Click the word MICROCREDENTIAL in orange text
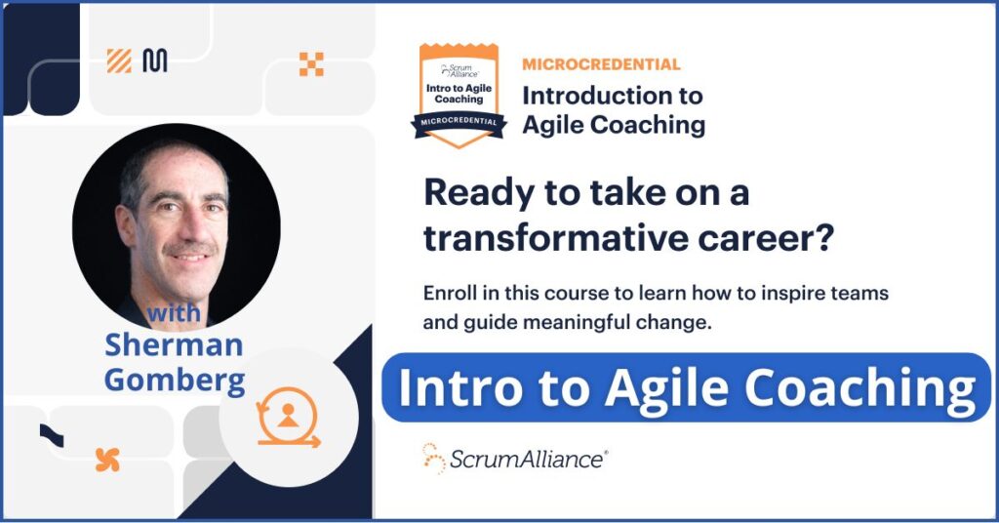click(601, 64)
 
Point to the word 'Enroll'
click(450, 293)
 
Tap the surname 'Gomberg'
click(175, 379)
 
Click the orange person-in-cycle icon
click(287, 420)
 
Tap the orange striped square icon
click(119, 60)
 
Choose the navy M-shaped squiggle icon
click(154, 60)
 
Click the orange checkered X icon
click(311, 64)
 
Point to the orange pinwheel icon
click(107, 460)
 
